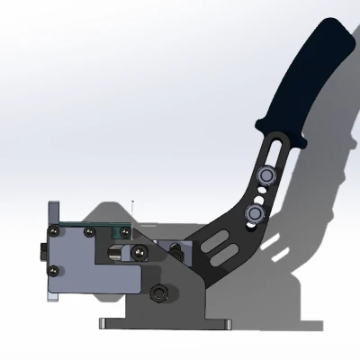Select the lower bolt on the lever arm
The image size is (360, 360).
[x=255, y=212]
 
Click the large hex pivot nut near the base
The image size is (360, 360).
[x=161, y=292]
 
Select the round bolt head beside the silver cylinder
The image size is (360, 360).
[x=140, y=256]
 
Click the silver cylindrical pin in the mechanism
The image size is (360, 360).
[x=115, y=253]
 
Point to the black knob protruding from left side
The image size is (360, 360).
[x=44, y=253]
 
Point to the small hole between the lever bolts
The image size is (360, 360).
[x=259, y=191]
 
